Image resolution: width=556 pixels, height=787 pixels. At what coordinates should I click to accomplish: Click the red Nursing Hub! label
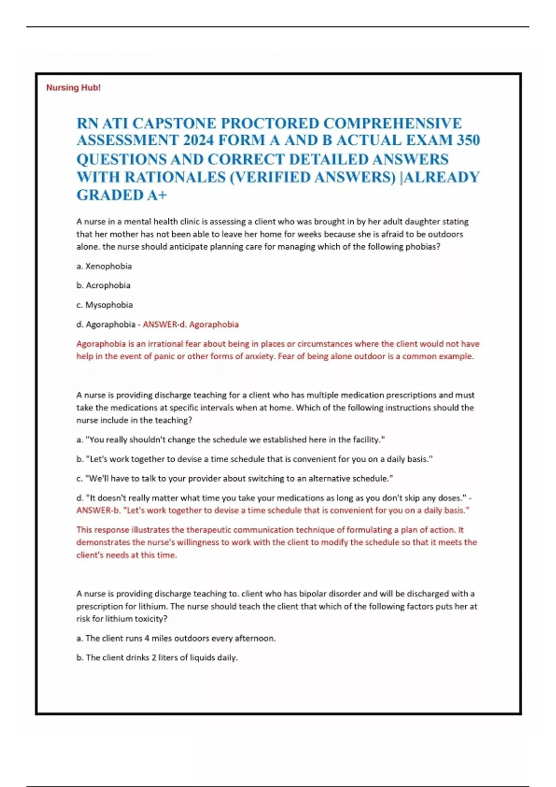pos(73,87)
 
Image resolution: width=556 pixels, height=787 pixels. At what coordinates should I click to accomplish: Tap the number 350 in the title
pos(468,140)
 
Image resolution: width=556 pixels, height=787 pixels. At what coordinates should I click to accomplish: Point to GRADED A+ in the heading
pos(121,195)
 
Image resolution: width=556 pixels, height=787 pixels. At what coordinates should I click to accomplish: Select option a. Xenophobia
pos(104,266)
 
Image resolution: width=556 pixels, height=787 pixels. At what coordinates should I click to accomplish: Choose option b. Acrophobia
pos(103,286)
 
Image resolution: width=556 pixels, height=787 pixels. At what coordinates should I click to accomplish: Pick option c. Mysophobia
pos(105,305)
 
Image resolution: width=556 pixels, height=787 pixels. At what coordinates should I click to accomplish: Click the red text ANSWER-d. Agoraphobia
pos(190,325)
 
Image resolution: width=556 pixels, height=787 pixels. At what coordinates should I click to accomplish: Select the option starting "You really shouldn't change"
pos(231,440)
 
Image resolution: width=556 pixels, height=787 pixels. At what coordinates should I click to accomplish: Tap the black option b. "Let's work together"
pos(254,459)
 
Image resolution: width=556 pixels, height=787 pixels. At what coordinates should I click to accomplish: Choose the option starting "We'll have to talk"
pos(235,479)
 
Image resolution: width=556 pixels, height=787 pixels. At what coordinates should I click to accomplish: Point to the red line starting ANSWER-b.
pos(273,511)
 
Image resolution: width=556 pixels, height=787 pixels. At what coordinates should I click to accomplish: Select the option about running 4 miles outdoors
pos(176,638)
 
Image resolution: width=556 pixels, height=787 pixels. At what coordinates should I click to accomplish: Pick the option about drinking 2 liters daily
pos(157,658)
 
